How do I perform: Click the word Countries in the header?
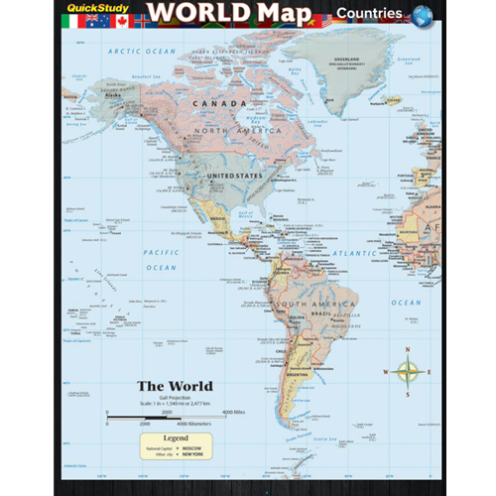pos(368,15)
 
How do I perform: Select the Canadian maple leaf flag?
pos(123,19)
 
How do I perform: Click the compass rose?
pos(408,373)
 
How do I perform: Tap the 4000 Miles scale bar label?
pos(232,410)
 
